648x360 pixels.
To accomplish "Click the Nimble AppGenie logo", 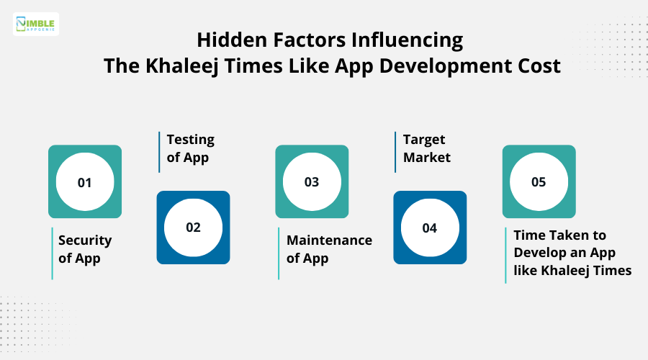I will click(x=36, y=24).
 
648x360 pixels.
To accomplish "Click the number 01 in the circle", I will click(x=85, y=182).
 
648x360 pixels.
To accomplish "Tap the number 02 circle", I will click(x=193, y=228).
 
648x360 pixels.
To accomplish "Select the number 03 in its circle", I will click(x=312, y=182).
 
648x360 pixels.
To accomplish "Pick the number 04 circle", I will click(x=430, y=228).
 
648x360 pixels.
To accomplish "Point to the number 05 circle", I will click(x=539, y=182).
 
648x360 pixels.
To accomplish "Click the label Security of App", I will click(x=85, y=249).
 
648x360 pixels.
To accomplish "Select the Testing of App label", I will click(x=191, y=148).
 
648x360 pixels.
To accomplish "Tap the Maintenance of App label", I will click(x=329, y=249).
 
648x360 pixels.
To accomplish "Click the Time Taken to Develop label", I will click(x=572, y=253).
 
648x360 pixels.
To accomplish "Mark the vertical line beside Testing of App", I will click(x=159, y=152).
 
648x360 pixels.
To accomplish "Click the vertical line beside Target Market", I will click(x=395, y=152).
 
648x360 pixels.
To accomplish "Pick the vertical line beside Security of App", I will click(x=52, y=253).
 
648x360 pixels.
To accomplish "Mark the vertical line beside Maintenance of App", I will click(x=279, y=253).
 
